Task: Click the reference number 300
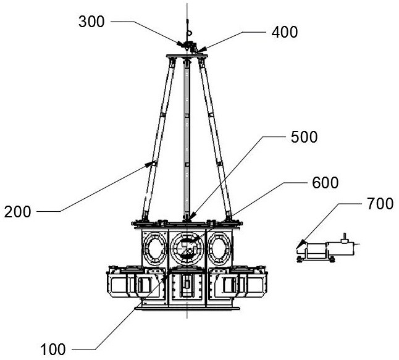pyautogui.click(x=91, y=23)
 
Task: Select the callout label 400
pyautogui.click(x=285, y=31)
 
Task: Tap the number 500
pyautogui.click(x=305, y=137)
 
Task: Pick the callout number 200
pyautogui.click(x=17, y=213)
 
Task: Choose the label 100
pyautogui.click(x=52, y=350)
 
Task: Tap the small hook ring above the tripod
pyautogui.click(x=191, y=27)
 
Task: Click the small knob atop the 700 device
pyautogui.click(x=345, y=236)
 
